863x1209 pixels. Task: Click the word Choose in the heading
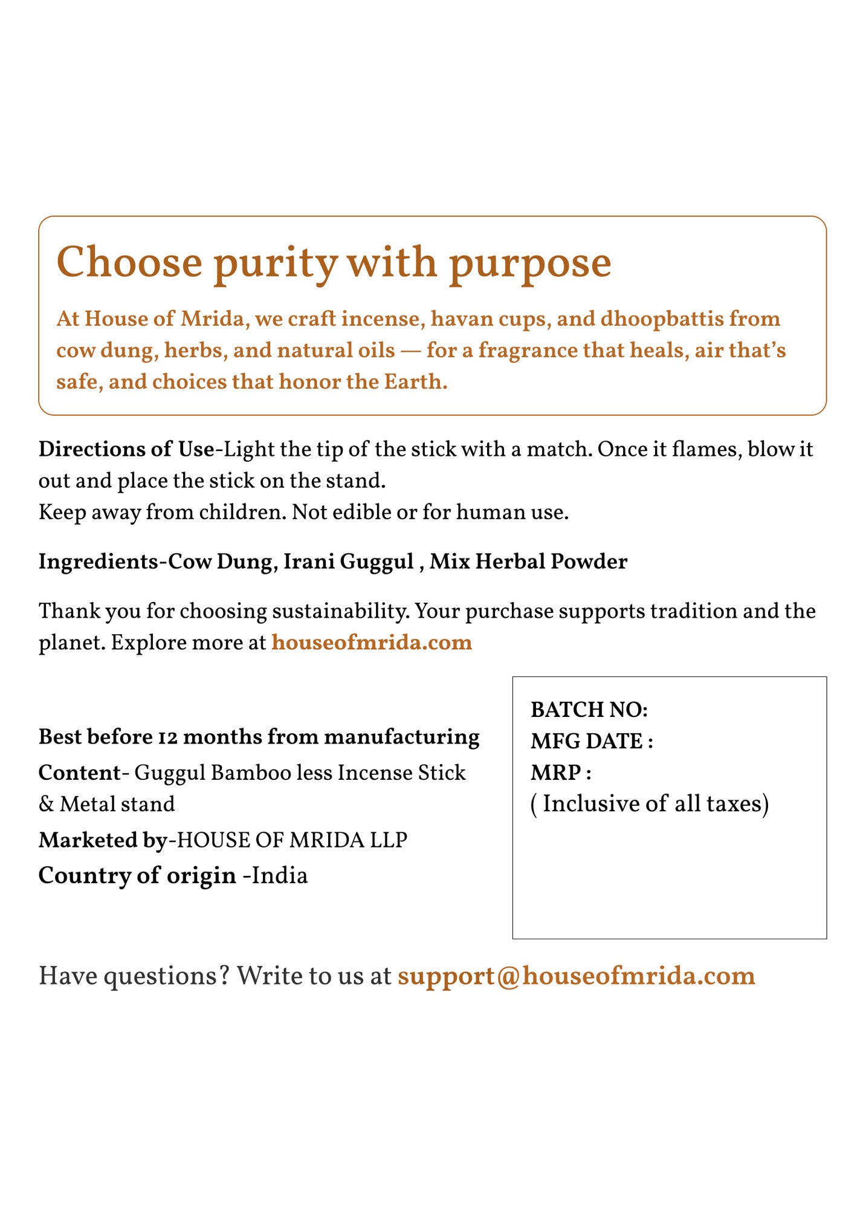tap(129, 262)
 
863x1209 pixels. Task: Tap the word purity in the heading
tap(276, 264)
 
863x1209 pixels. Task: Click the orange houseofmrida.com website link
tap(371, 642)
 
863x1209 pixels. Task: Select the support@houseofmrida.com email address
tap(576, 976)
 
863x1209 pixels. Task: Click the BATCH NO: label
tap(589, 710)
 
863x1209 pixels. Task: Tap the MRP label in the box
tap(560, 773)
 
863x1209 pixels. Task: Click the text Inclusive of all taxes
tap(650, 804)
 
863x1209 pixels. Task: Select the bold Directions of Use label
tap(126, 449)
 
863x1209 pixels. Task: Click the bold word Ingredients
tap(98, 562)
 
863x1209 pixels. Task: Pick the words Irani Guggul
tap(349, 562)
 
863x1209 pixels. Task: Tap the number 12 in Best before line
tap(167, 737)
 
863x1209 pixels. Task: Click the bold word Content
tap(79, 773)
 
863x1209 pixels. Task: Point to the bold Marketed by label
tap(103, 840)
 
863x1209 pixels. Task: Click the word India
tap(279, 875)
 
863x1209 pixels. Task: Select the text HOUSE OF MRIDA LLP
tap(292, 840)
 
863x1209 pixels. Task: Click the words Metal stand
tap(117, 804)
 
